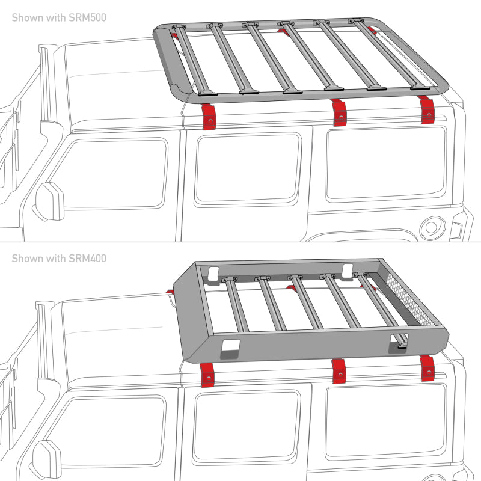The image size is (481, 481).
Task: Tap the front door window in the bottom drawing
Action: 114,433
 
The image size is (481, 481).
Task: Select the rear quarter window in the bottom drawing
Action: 385,421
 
